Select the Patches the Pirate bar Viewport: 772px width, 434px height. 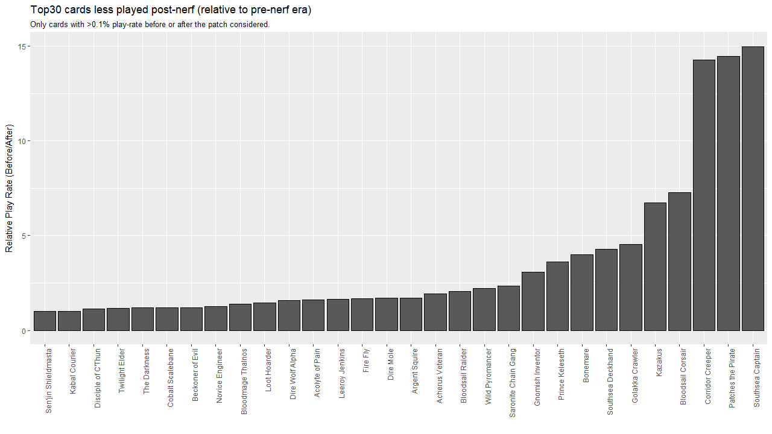click(729, 193)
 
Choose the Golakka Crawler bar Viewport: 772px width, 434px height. click(631, 287)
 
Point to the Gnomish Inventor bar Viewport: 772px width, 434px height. click(533, 301)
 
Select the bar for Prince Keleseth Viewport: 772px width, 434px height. click(557, 296)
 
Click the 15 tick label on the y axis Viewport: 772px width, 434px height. click(23, 46)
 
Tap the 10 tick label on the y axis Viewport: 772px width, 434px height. click(23, 141)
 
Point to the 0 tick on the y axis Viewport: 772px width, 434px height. click(25, 330)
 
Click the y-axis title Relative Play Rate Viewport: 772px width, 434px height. click(9, 188)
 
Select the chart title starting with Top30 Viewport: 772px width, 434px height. click(171, 10)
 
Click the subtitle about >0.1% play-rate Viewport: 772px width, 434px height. click(150, 25)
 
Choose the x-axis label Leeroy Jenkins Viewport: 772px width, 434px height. click(342, 373)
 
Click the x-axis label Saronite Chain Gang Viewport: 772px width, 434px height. click(513, 383)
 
